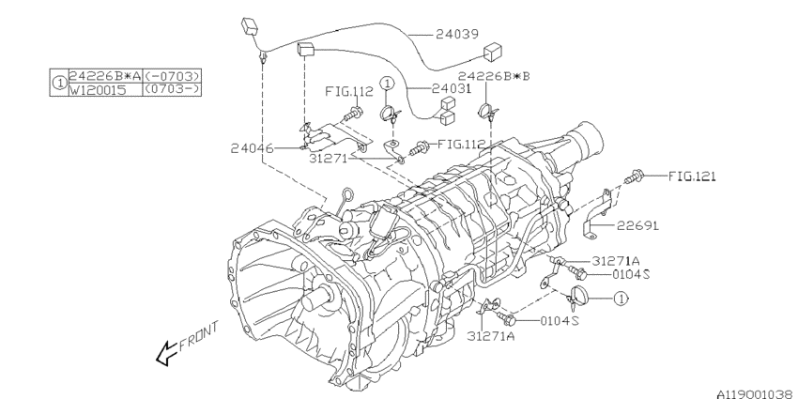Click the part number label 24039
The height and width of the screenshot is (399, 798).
tap(455, 33)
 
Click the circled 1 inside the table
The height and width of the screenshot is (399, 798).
tap(58, 82)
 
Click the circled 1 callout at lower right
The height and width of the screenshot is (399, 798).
tap(621, 299)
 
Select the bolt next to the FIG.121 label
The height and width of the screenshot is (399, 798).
tap(637, 176)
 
